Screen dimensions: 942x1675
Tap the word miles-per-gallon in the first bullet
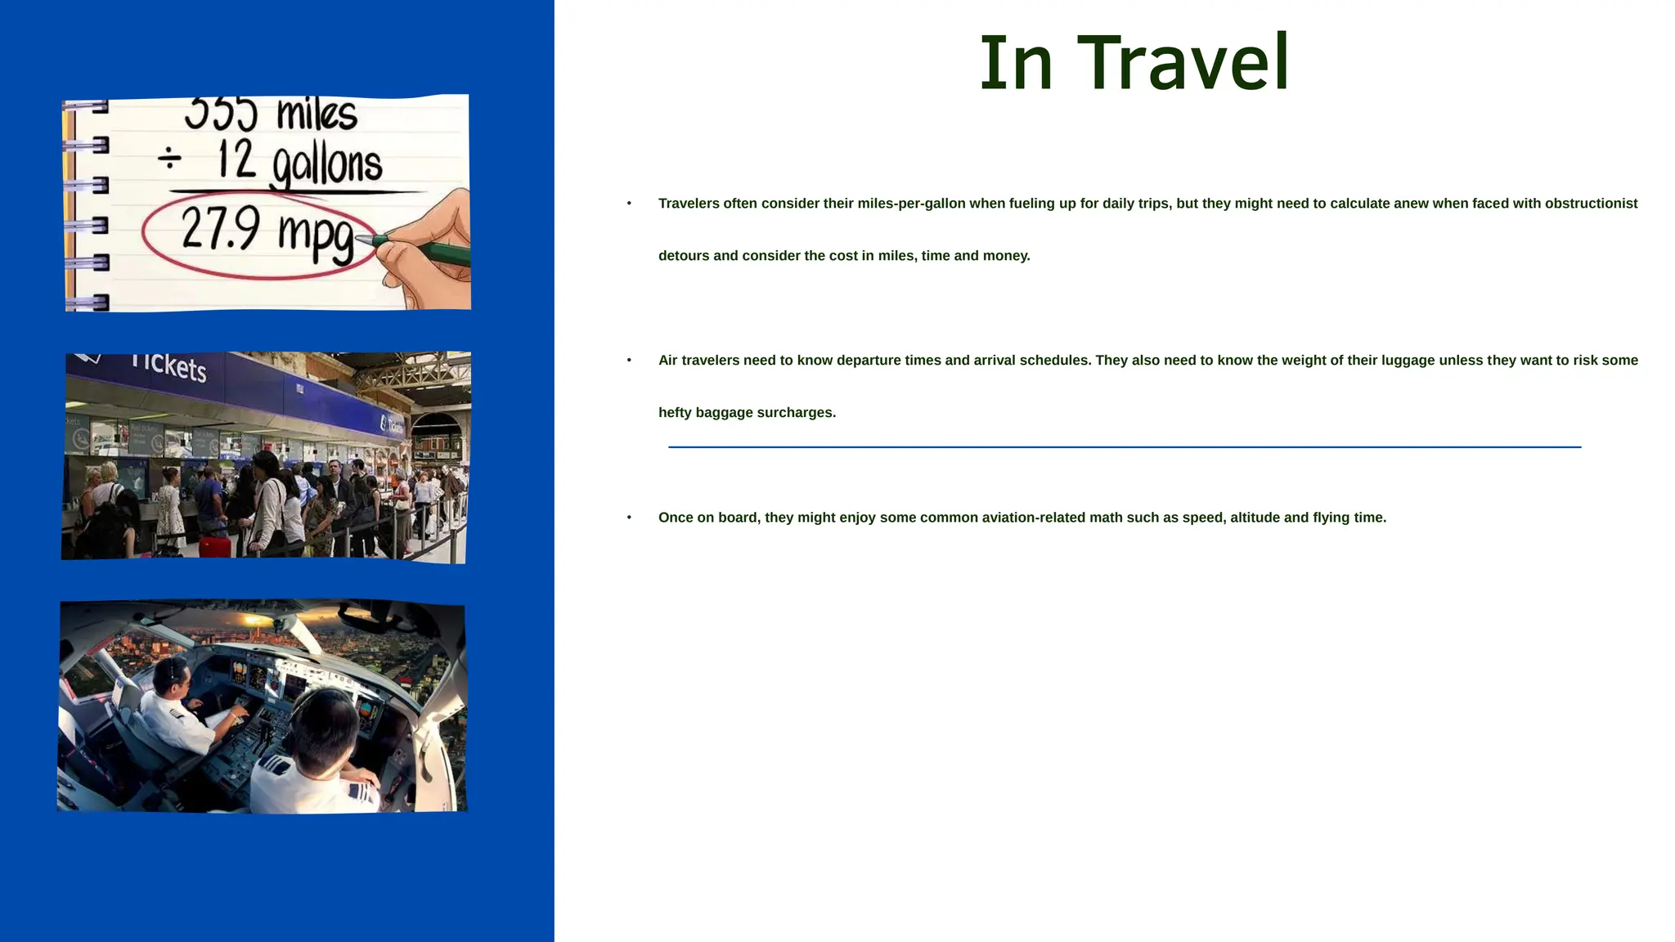click(x=911, y=204)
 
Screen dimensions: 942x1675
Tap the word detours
click(x=684, y=256)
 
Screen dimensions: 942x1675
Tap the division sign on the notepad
click(x=169, y=158)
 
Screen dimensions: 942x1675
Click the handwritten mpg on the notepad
click(x=316, y=237)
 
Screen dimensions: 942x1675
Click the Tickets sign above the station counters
click(x=169, y=366)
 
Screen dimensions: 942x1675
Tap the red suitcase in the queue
click(x=215, y=546)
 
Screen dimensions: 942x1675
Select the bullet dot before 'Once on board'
click(x=629, y=518)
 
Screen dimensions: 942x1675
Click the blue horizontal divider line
click(x=1125, y=447)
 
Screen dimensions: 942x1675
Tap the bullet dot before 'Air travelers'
click(x=629, y=361)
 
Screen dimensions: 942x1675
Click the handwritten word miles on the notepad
click(x=317, y=114)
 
